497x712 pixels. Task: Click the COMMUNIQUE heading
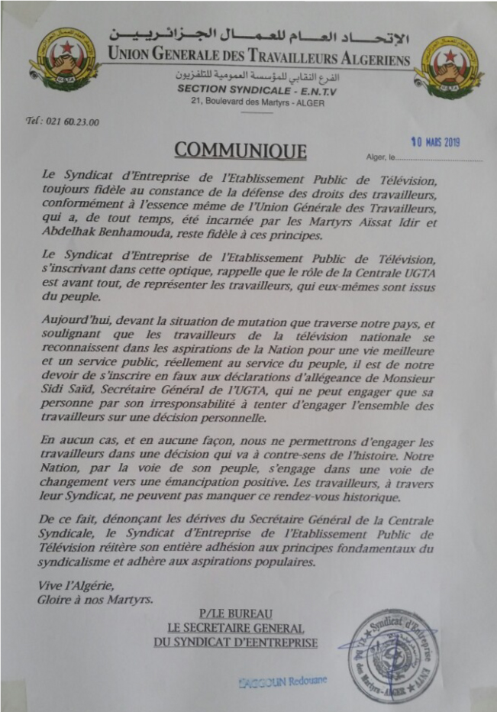point(240,150)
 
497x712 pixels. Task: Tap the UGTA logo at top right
point(448,66)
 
